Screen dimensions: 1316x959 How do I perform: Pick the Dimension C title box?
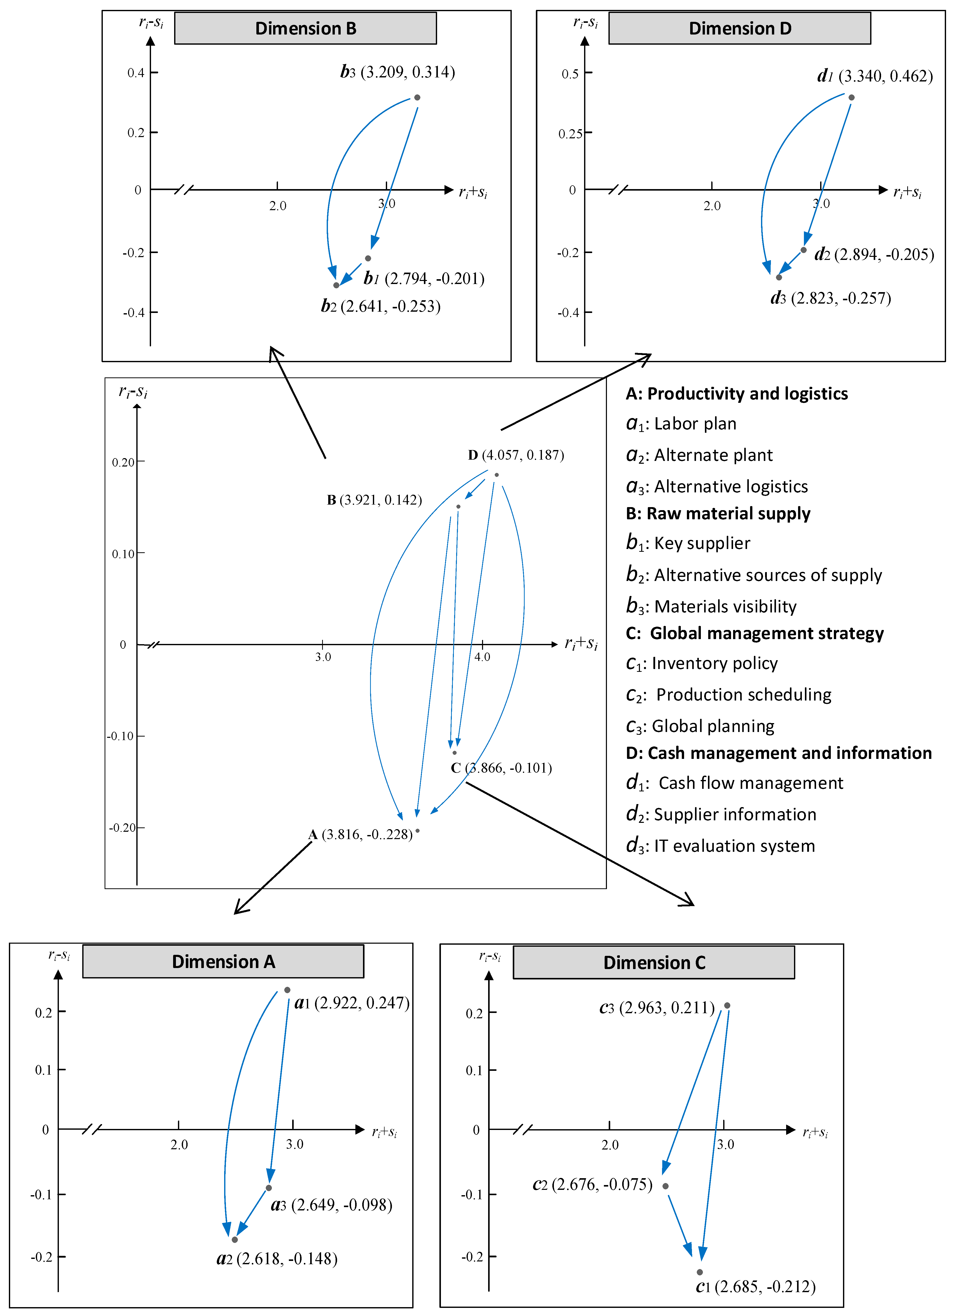[x=654, y=962]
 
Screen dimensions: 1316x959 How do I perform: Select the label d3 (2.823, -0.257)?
[x=831, y=298]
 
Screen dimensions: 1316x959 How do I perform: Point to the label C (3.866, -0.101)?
[x=501, y=768]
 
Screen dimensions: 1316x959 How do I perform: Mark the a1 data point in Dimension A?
[x=287, y=990]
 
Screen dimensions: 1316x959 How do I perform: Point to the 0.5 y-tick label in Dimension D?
[x=570, y=74]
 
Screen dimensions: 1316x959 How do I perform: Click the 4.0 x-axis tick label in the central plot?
[x=482, y=657]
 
